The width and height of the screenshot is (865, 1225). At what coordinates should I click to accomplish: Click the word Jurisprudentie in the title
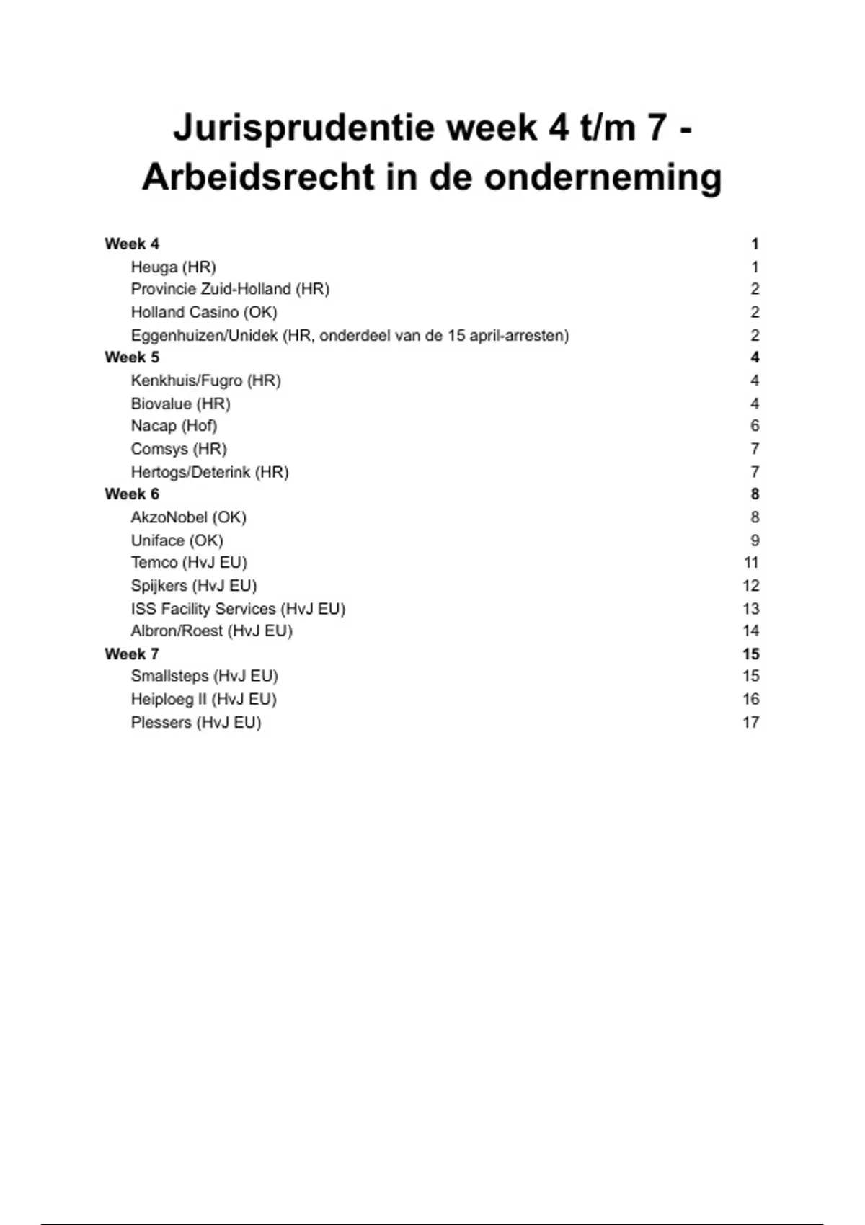pyautogui.click(x=303, y=128)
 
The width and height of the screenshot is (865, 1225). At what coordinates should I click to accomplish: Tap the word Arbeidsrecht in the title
pyautogui.click(x=257, y=177)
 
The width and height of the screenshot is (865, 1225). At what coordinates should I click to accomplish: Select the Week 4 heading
pyautogui.click(x=132, y=244)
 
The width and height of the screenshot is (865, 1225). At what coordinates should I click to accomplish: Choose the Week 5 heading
pyautogui.click(x=132, y=357)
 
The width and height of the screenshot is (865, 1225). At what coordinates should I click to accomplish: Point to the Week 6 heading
pyautogui.click(x=132, y=494)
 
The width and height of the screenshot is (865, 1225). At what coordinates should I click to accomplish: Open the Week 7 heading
pyautogui.click(x=132, y=654)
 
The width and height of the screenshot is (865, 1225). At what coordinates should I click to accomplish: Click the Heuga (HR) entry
pyautogui.click(x=173, y=267)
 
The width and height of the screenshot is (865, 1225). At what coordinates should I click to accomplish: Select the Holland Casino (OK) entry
pyautogui.click(x=204, y=312)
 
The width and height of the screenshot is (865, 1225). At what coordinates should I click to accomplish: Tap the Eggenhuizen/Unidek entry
pyautogui.click(x=350, y=336)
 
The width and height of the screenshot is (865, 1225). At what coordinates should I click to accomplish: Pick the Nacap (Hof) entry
pyautogui.click(x=174, y=426)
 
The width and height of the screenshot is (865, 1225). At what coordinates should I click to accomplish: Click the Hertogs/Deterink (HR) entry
pyautogui.click(x=210, y=473)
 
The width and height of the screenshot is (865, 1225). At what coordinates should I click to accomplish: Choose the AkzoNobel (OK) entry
pyautogui.click(x=188, y=517)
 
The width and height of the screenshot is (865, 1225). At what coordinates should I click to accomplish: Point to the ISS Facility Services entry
pyautogui.click(x=238, y=609)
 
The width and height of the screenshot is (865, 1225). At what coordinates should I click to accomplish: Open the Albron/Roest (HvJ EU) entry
pyautogui.click(x=211, y=631)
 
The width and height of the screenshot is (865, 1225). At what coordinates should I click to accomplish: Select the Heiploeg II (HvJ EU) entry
pyautogui.click(x=203, y=699)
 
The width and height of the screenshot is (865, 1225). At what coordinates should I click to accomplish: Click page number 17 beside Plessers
pyautogui.click(x=750, y=722)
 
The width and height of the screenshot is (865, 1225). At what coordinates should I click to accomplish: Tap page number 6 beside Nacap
pyautogui.click(x=755, y=426)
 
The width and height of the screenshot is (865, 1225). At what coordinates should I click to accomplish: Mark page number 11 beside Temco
pyautogui.click(x=750, y=563)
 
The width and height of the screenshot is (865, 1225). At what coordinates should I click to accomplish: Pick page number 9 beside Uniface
pyautogui.click(x=755, y=540)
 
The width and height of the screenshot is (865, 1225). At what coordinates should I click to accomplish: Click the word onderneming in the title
pyautogui.click(x=603, y=177)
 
